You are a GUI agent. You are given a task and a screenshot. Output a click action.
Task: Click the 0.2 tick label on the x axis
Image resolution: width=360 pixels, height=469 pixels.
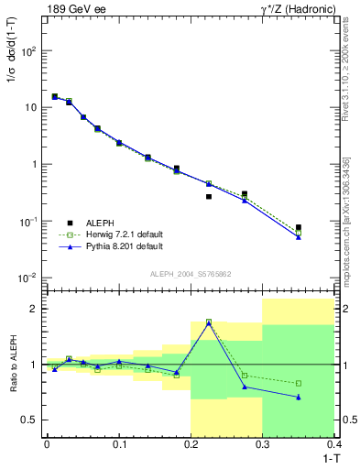click(x=191, y=444)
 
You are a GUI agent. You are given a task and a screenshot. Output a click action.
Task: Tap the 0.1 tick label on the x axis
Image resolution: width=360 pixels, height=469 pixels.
click(x=118, y=444)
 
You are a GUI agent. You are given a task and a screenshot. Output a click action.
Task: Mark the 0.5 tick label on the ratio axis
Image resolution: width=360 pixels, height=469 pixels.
click(x=31, y=420)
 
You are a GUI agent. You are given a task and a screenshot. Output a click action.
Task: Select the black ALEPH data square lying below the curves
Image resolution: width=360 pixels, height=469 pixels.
click(x=209, y=196)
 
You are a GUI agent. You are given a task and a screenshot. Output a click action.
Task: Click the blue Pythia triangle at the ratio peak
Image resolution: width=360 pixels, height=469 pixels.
click(x=209, y=323)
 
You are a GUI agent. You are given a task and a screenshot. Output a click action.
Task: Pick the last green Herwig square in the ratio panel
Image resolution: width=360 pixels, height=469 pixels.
click(x=298, y=383)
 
